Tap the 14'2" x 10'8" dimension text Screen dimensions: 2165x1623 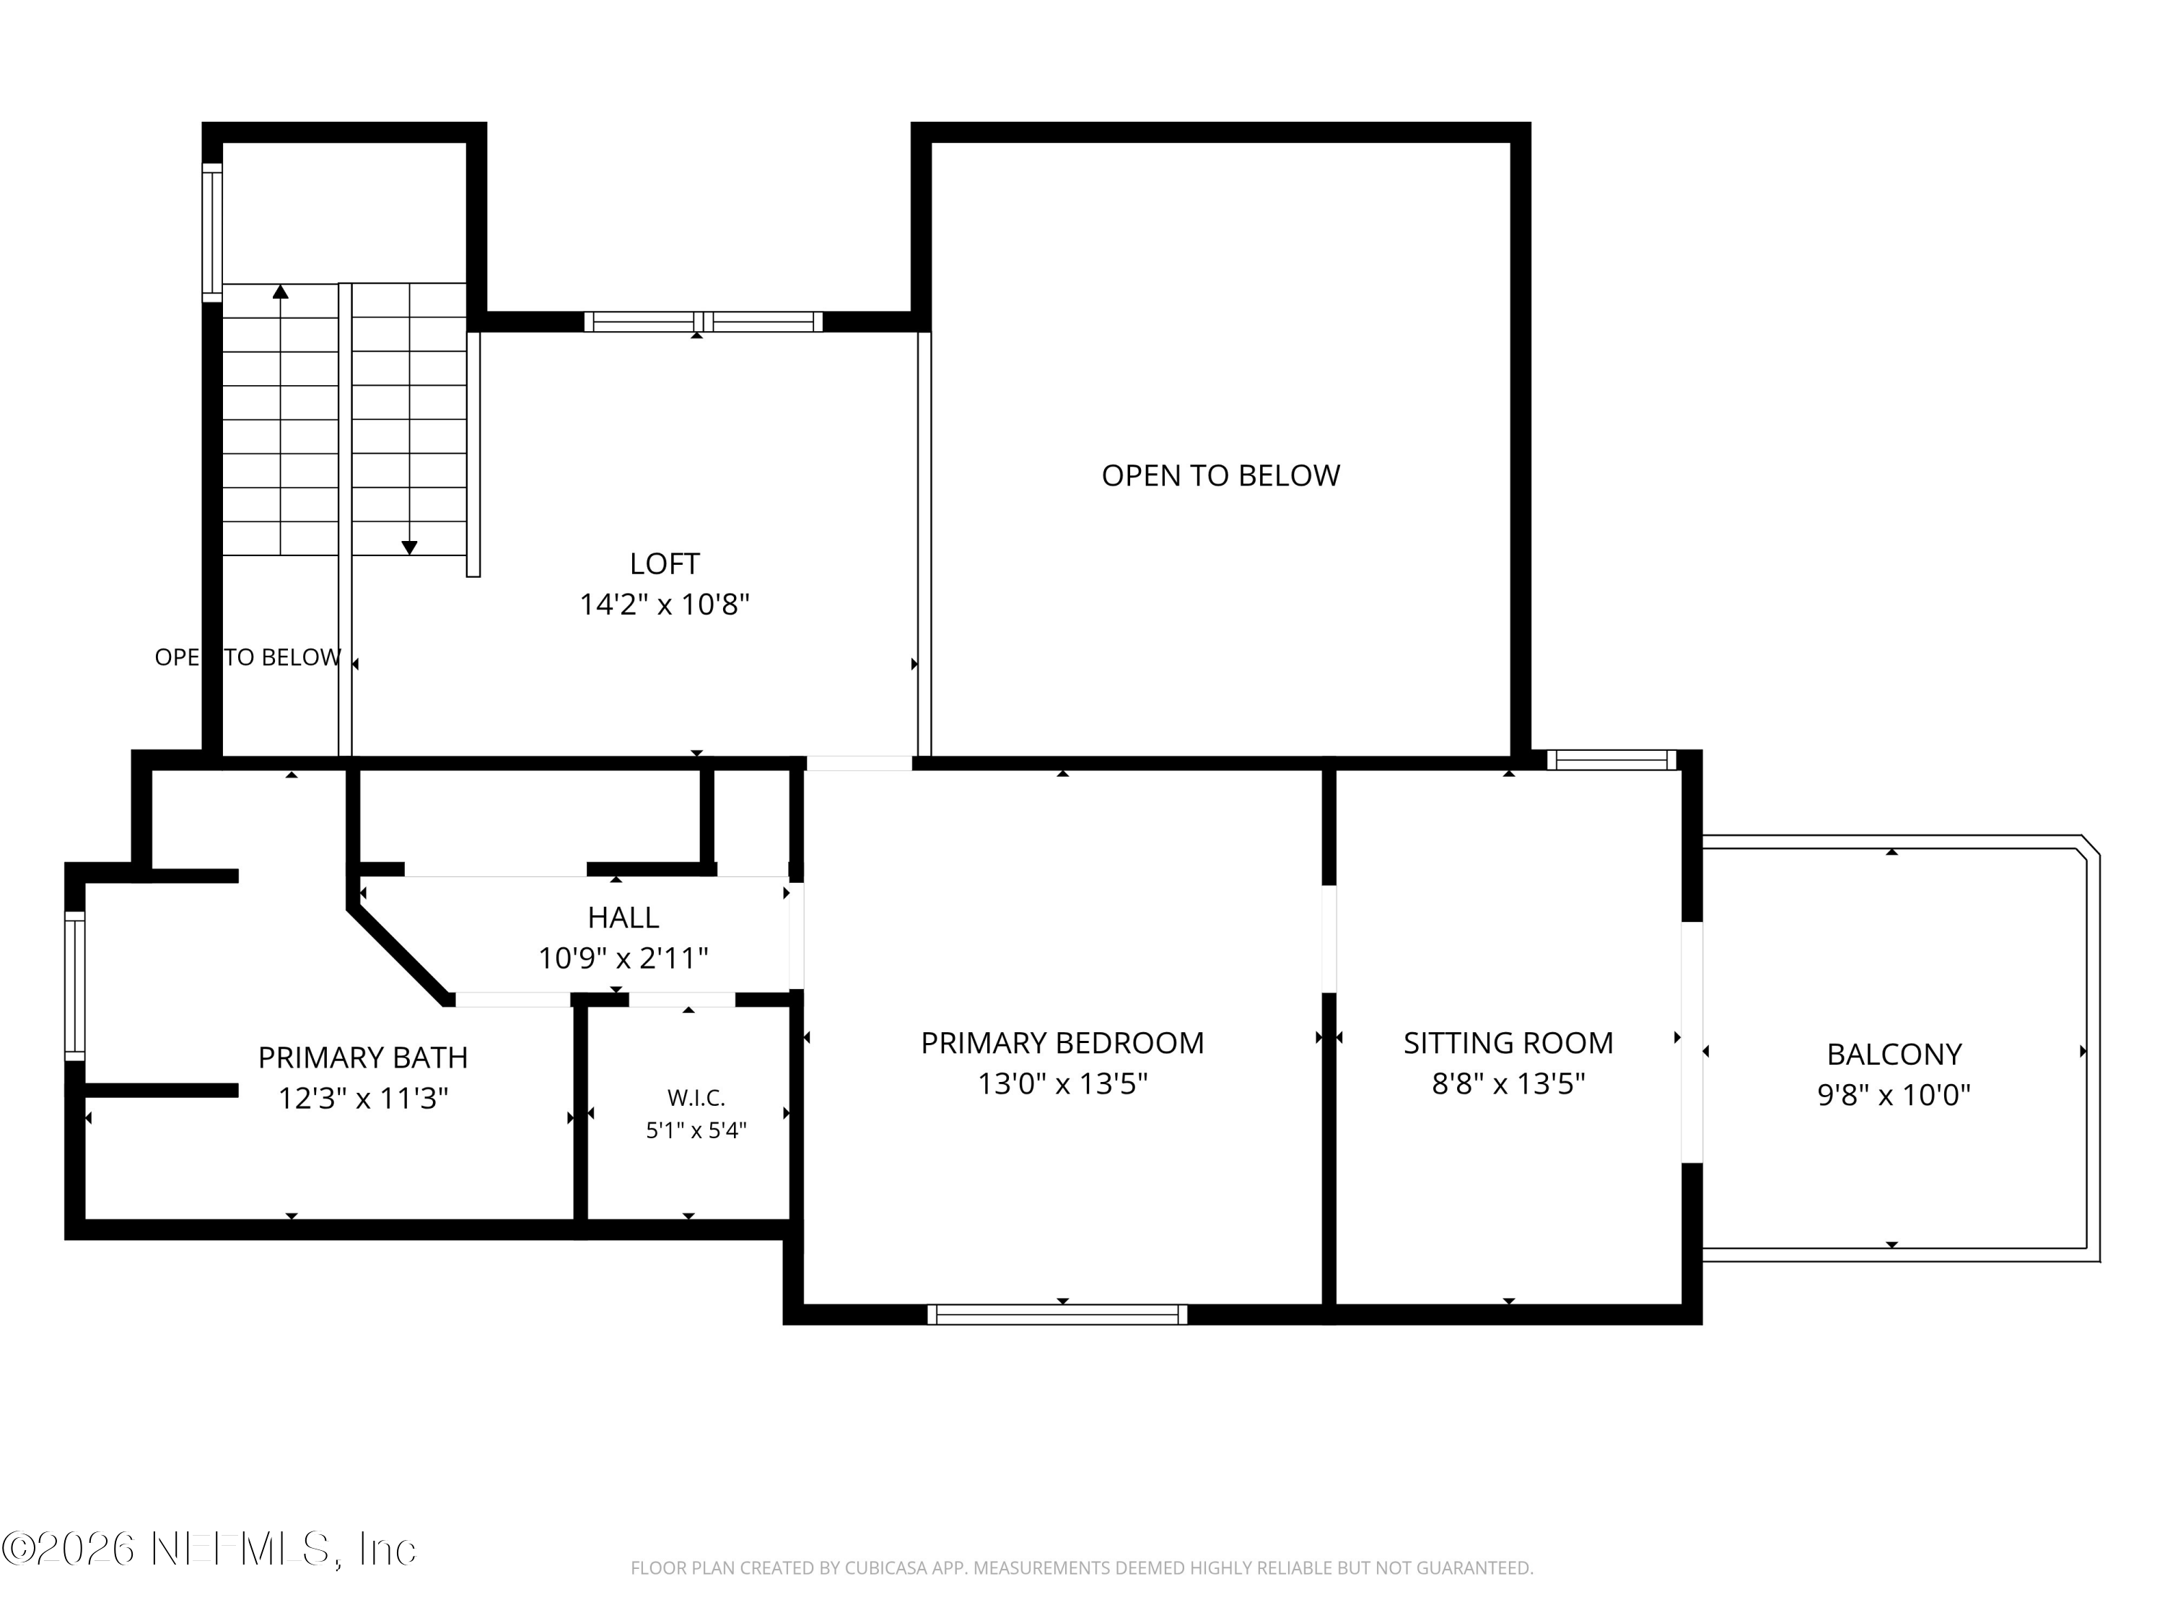pyautogui.click(x=665, y=604)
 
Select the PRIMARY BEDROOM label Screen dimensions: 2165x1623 pyautogui.click(x=1062, y=1043)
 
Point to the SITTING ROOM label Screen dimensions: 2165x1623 pyautogui.click(x=1508, y=1043)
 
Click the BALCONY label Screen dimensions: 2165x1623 pyautogui.click(x=1894, y=1054)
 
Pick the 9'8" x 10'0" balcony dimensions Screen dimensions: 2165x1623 pyautogui.click(x=1894, y=1095)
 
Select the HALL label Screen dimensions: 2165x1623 pyautogui.click(x=624, y=917)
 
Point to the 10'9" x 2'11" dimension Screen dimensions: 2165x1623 pyautogui.click(x=624, y=958)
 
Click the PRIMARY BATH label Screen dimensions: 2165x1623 pyautogui.click(x=363, y=1057)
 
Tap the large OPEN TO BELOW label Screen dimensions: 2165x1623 pyautogui.click(x=1220, y=475)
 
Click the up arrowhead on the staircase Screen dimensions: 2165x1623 pyautogui.click(x=281, y=291)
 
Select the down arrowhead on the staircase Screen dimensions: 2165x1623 pyautogui.click(x=410, y=547)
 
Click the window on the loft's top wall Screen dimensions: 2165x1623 pyautogui.click(x=704, y=322)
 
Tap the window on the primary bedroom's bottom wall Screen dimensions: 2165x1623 pyautogui.click(x=1057, y=1315)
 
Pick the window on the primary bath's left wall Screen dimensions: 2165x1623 pyautogui.click(x=74, y=986)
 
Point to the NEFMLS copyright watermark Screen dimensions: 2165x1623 pyautogui.click(x=209, y=1549)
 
